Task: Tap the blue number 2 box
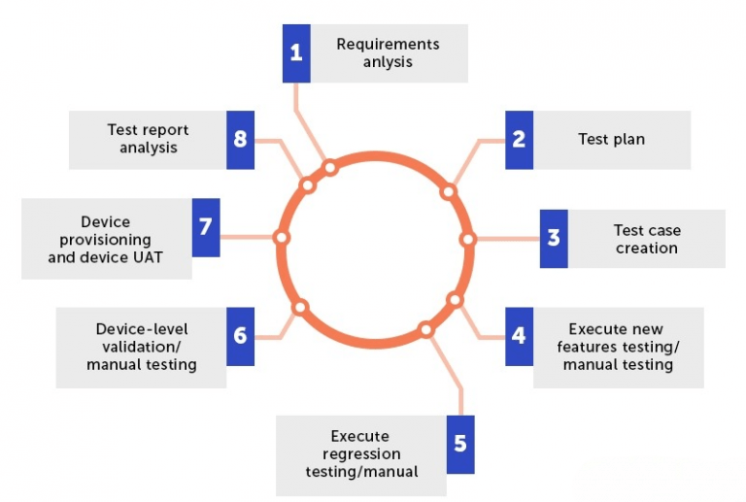519,140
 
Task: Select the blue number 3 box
554,238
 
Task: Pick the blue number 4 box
519,336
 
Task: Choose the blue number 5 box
460,444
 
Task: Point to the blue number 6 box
240,336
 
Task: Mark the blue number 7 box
205,227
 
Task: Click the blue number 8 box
240,140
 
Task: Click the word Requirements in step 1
388,45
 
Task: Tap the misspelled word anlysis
388,62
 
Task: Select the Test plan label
611,140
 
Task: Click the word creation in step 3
646,249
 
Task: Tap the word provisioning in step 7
99,240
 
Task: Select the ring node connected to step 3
467,239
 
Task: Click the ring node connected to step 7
282,237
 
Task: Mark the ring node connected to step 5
425,329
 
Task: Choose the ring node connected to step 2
448,191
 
